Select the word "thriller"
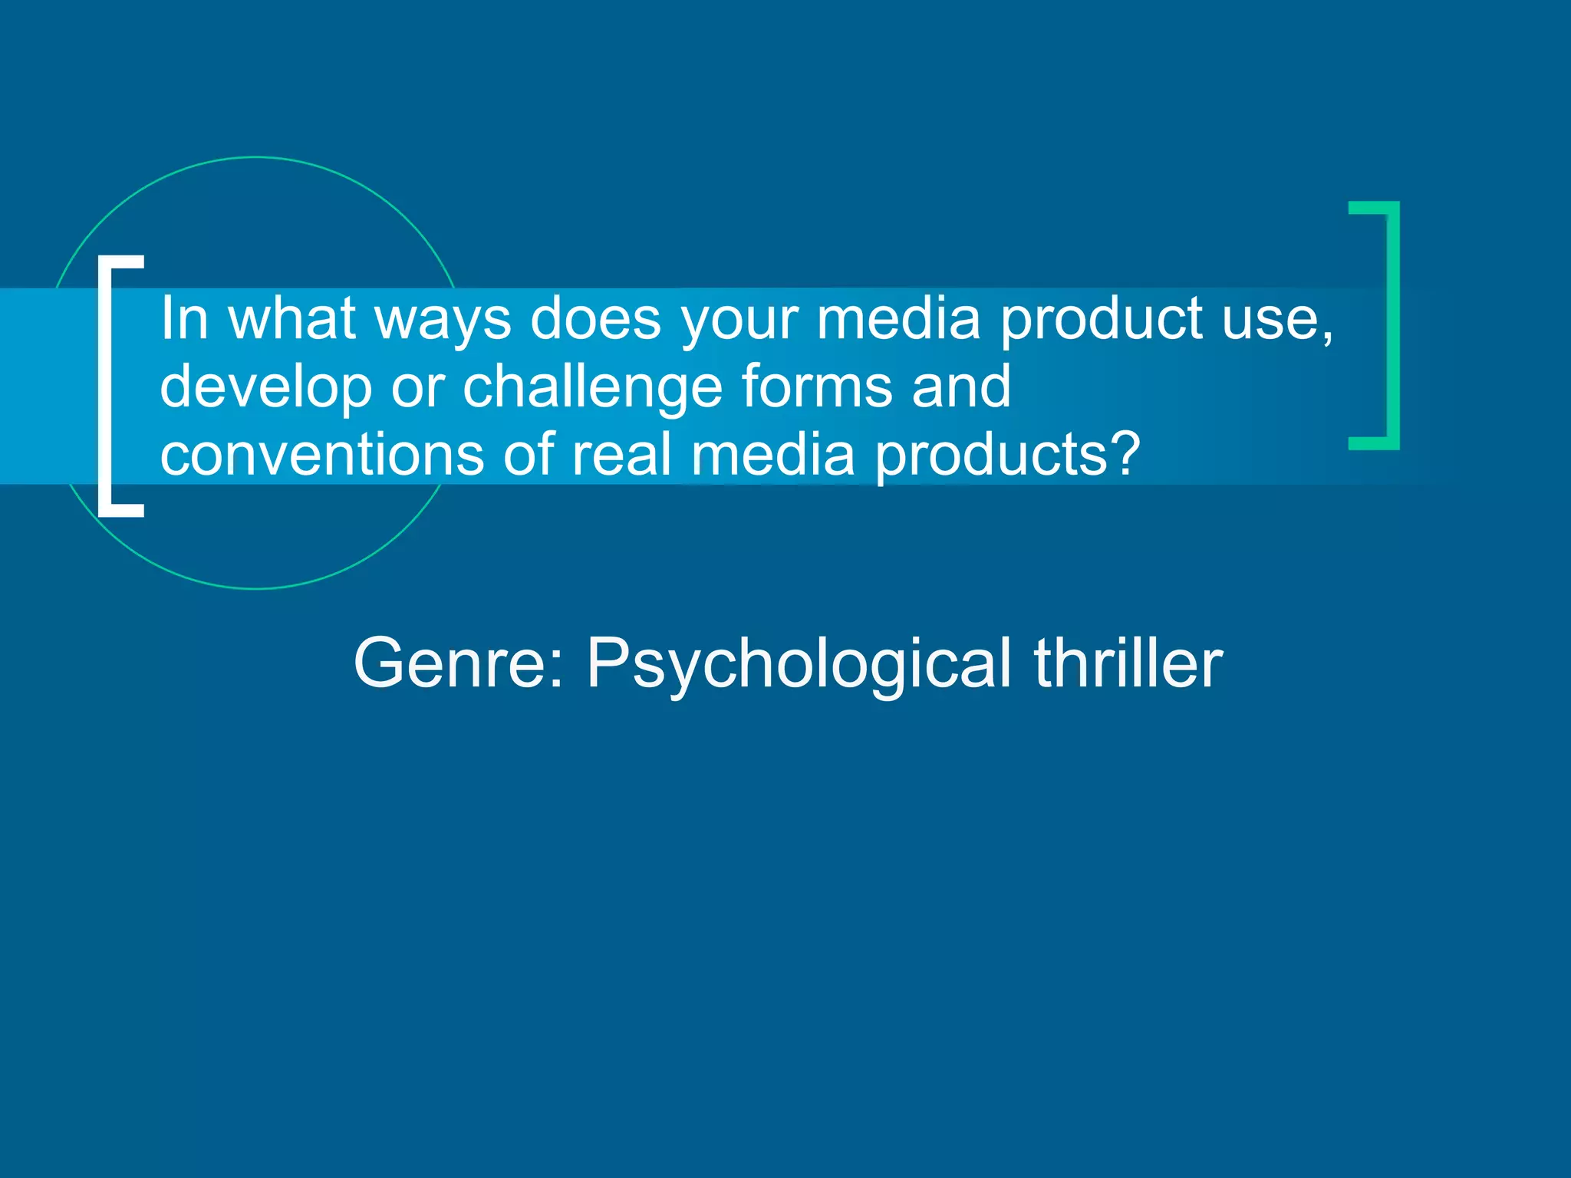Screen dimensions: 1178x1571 1128,663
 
